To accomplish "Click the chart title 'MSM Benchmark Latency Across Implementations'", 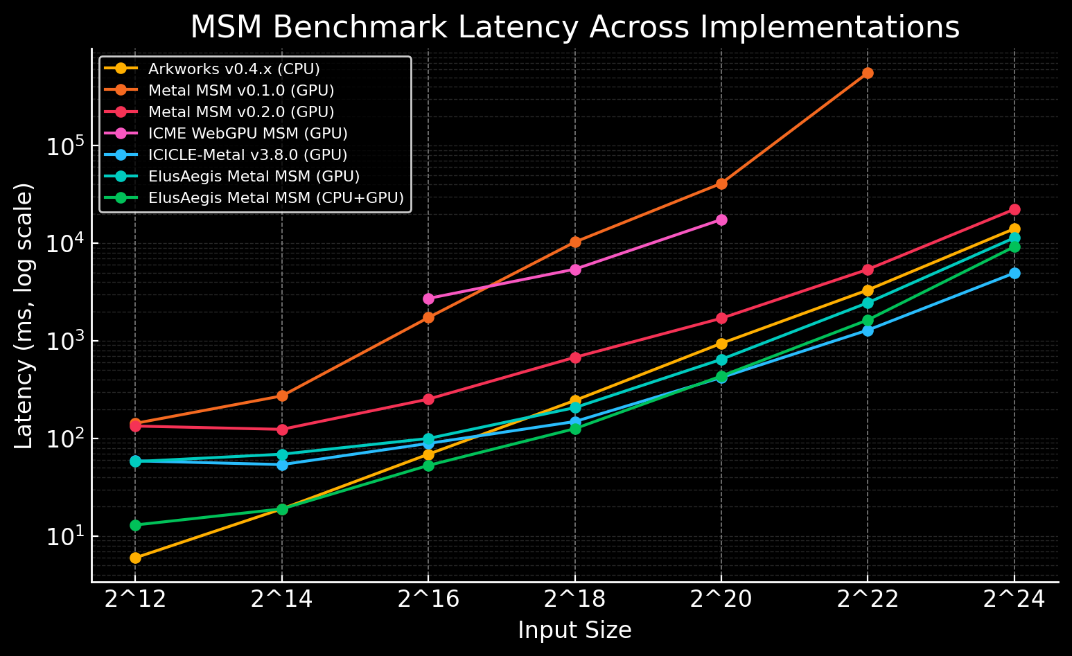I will tap(574, 28).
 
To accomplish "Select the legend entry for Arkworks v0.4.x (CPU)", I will tap(234, 69).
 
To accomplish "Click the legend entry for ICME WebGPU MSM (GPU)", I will tap(247, 133).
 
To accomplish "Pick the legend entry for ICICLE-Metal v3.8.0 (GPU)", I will tap(247, 154).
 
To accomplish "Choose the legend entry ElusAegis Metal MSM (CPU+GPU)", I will tap(276, 197).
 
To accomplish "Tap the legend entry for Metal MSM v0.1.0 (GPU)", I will tap(241, 91).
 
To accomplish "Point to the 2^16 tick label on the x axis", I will tap(428, 600).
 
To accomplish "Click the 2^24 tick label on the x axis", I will tap(1014, 600).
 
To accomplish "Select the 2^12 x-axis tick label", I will tap(135, 600).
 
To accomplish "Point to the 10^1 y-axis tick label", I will tap(64, 537).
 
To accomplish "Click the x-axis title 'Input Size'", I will tap(574, 630).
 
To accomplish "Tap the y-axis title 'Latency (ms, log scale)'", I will tap(24, 316).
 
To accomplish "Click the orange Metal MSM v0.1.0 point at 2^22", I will tap(868, 73).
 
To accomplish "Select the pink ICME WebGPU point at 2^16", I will tap(428, 299).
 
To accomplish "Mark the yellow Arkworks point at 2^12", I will tap(135, 558).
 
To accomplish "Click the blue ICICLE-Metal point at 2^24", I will tap(1014, 273).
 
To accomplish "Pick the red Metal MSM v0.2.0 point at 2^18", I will tap(575, 357).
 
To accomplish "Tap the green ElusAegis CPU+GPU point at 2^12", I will tap(135, 525).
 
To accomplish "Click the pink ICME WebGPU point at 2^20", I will tap(721, 220).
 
